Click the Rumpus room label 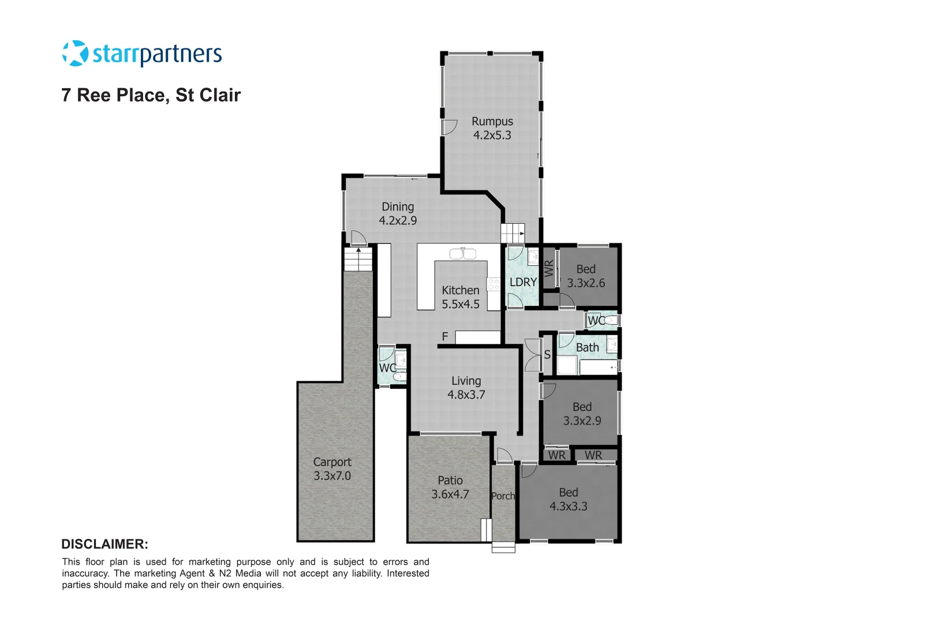492,122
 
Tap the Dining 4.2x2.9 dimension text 398,220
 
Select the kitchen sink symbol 463,253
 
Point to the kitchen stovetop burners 493,284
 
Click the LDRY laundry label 523,282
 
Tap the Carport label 332,462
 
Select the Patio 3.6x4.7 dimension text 450,494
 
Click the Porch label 503,496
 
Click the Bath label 588,347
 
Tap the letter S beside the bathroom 547,355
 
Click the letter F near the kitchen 445,336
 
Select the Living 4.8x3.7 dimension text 466,395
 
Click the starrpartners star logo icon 75,54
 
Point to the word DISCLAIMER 104,544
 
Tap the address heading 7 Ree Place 151,95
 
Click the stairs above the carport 358,260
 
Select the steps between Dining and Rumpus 512,233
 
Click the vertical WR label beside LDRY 549,268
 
